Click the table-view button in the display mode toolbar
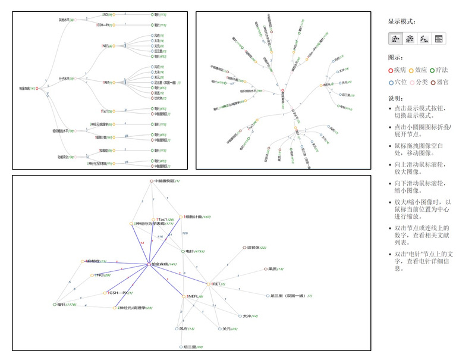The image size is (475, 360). point(439,39)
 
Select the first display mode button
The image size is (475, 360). point(395,39)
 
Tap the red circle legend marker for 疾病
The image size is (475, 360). point(391,70)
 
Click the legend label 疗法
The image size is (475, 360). point(441,70)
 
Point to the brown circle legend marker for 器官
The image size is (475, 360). point(433,82)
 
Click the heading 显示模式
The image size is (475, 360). point(401,21)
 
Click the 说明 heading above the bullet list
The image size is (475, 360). point(397,98)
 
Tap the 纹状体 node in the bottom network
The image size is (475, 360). point(244,248)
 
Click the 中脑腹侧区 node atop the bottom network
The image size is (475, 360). point(151,180)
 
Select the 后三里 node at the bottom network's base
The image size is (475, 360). point(181,346)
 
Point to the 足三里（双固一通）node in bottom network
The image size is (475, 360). point(268,295)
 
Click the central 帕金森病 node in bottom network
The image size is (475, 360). point(149,264)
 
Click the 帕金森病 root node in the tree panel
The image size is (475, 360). point(37,89)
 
